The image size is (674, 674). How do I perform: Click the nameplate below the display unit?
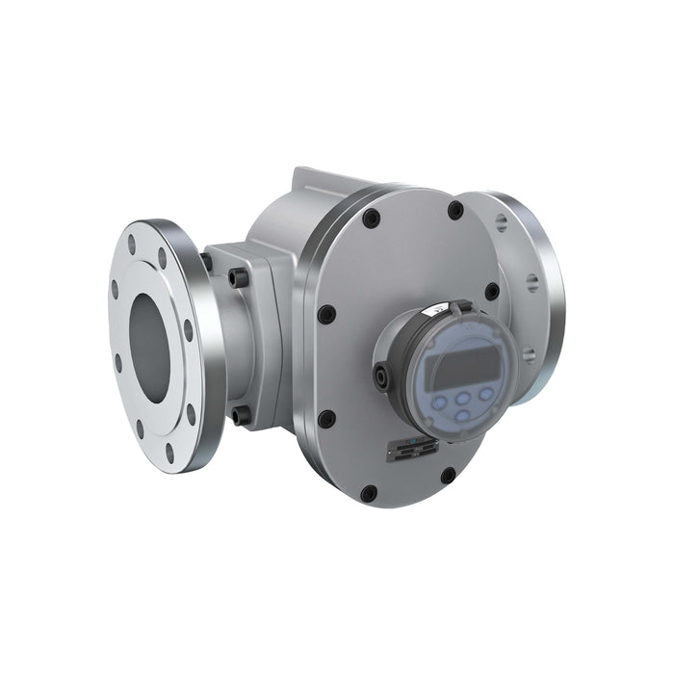coord(413,449)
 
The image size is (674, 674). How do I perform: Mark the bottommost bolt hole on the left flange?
coord(169,449)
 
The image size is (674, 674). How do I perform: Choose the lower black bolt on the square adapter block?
coord(239,415)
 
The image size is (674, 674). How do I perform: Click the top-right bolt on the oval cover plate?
coord(455,210)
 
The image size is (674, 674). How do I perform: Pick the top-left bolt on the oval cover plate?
coord(371,219)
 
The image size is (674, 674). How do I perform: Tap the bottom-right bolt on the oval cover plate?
coord(448,475)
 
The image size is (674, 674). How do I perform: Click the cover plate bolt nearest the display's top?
coord(492,290)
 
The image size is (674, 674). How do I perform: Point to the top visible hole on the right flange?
coord(502,223)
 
